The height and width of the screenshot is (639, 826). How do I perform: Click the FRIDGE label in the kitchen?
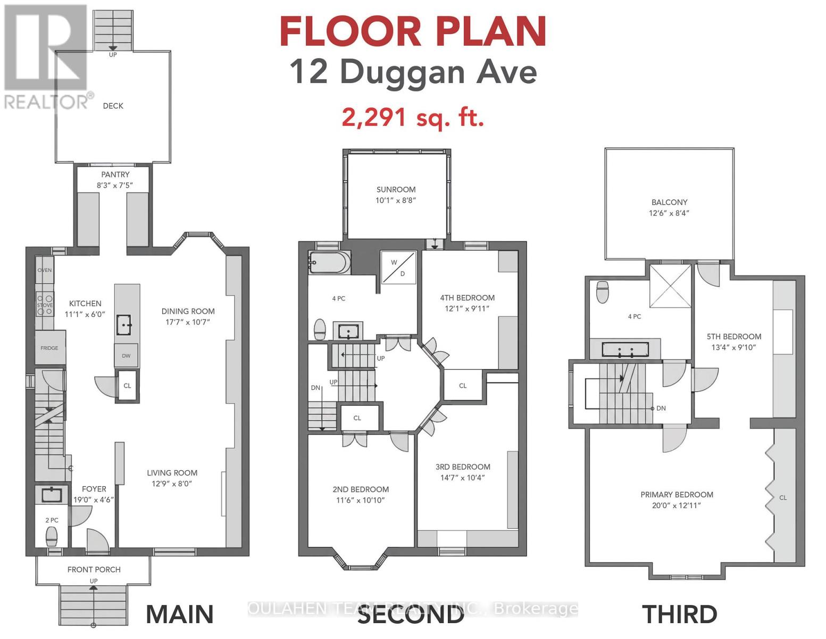49,348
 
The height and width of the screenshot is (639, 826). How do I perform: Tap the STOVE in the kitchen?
45,305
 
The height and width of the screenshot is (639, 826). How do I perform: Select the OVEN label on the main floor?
45,270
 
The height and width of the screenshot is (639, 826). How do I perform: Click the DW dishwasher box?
127,356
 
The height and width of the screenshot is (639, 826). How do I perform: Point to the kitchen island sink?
123,325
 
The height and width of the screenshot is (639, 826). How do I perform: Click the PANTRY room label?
115,174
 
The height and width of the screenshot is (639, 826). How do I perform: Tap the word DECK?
113,106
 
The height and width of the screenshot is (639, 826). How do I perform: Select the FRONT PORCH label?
94,569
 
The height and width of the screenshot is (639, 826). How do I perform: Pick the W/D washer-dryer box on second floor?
399,267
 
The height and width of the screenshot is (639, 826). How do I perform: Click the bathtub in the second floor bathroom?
330,262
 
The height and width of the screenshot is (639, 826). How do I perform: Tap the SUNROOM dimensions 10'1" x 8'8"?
396,200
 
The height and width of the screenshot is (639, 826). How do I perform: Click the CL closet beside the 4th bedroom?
463,386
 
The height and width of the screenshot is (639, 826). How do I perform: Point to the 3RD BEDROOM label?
463,467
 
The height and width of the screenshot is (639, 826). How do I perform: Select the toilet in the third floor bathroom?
603,292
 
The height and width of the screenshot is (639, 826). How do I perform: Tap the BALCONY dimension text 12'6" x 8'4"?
669,213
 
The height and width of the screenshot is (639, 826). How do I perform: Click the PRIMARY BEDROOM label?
677,495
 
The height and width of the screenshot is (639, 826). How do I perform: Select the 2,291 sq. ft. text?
413,118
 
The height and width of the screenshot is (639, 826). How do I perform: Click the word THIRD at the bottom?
680,614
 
